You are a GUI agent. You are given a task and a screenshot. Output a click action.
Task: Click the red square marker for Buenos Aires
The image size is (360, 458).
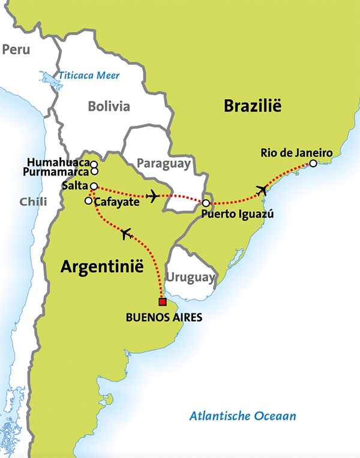(161, 302)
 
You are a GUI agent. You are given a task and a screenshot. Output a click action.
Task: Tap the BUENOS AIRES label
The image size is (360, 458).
(164, 317)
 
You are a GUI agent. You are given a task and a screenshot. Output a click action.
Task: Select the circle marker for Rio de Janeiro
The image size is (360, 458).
(313, 163)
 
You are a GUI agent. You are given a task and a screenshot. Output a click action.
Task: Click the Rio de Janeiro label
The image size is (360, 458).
(296, 152)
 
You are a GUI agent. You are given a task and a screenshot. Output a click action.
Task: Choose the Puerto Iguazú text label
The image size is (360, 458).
(233, 215)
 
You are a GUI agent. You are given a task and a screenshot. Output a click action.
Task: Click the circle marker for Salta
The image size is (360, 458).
(94, 186)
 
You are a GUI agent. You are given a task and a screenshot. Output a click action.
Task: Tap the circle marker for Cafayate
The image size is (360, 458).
(88, 201)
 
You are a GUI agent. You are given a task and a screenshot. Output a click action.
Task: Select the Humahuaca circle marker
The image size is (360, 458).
(94, 163)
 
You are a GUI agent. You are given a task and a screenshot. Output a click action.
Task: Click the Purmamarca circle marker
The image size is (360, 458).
(94, 171)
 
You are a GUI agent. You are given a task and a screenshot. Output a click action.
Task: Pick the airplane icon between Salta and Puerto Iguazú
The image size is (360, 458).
(153, 196)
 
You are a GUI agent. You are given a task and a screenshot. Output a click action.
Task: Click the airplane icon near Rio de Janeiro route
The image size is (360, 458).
(262, 191)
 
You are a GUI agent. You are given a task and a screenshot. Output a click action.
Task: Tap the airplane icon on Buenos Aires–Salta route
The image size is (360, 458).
(126, 234)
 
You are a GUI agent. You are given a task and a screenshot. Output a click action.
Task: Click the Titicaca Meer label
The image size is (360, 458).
(89, 76)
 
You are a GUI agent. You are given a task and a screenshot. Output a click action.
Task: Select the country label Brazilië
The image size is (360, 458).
(252, 107)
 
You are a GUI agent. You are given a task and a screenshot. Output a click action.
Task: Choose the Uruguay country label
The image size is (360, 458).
(190, 277)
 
